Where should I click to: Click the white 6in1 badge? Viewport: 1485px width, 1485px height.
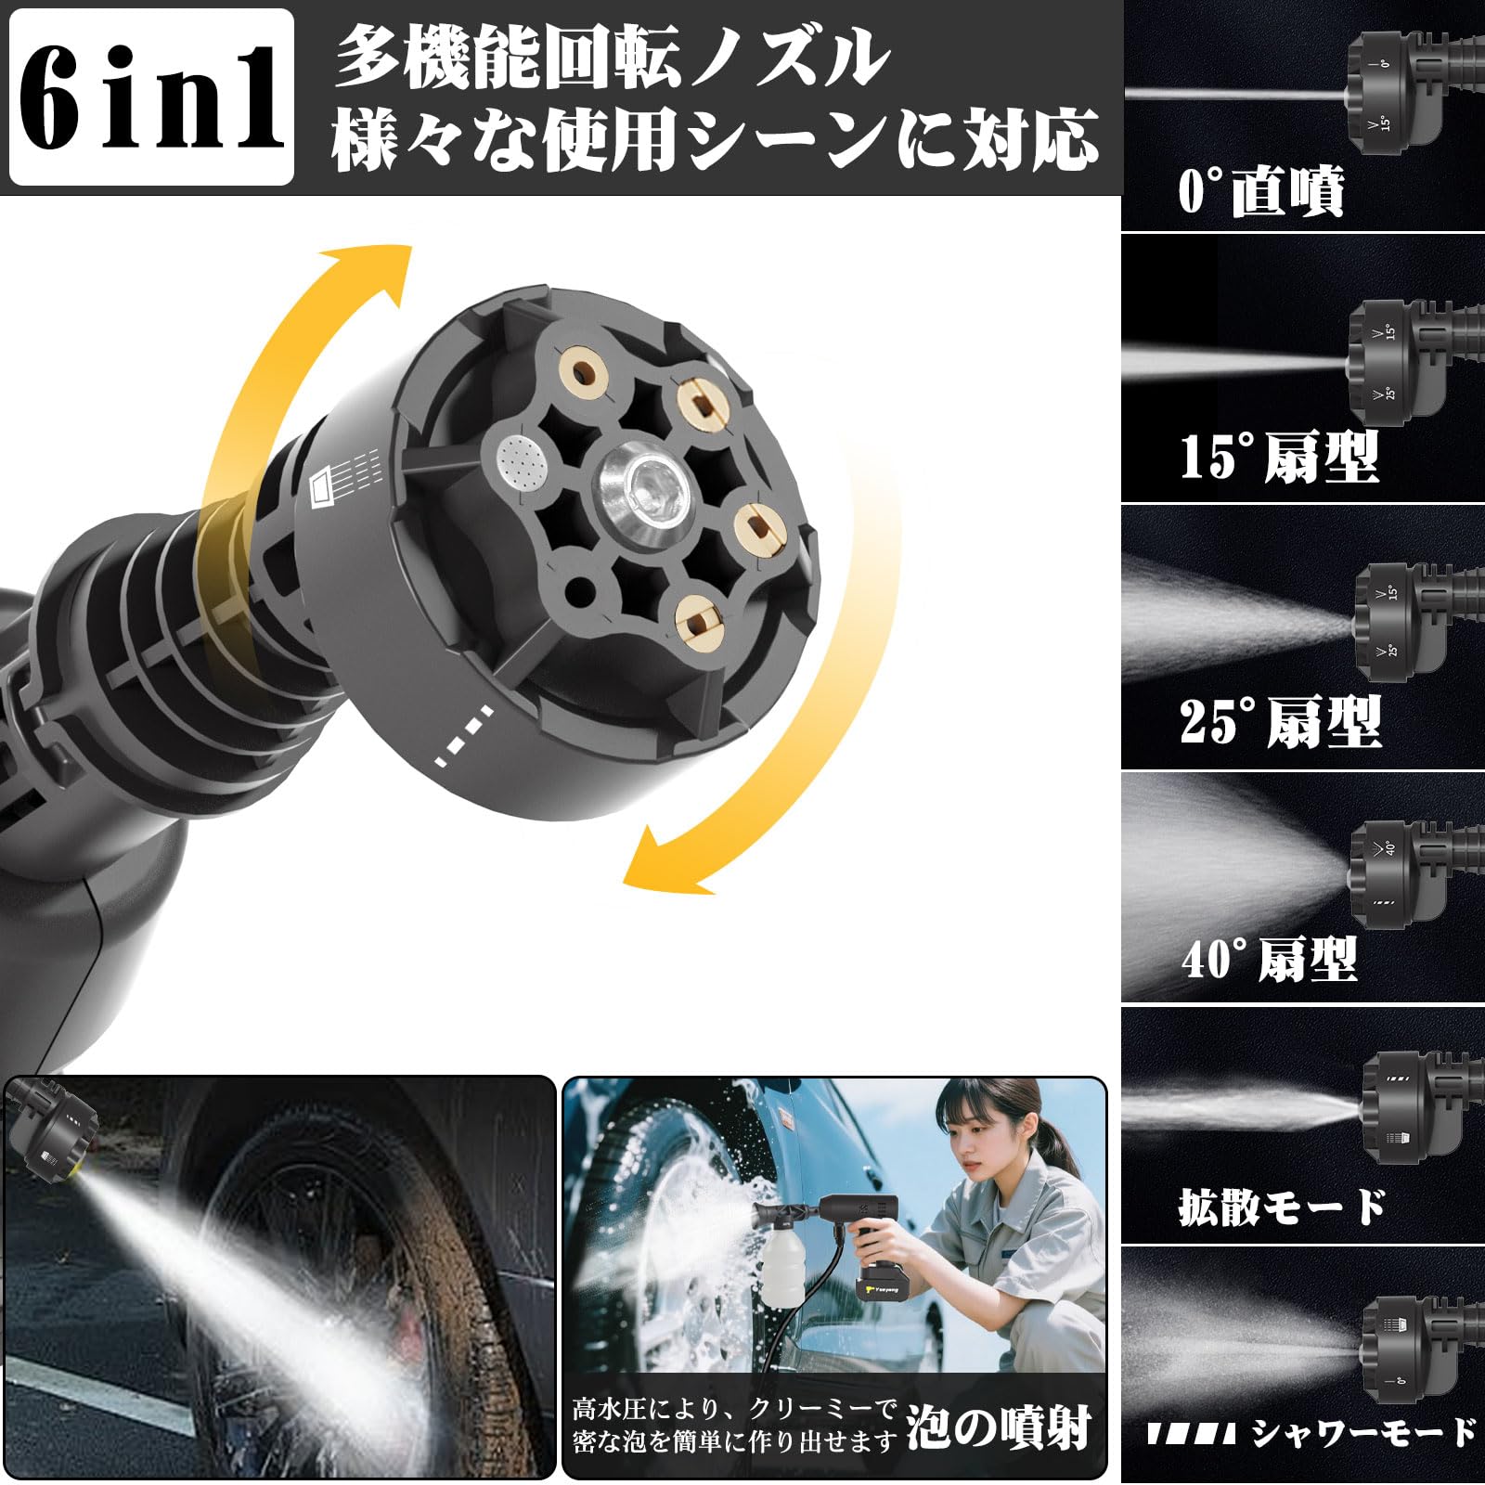tap(150, 97)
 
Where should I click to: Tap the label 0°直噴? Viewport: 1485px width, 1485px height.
tap(1260, 191)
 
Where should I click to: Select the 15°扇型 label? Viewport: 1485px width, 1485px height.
tap(1279, 457)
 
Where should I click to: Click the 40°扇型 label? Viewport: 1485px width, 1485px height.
tap(1269, 959)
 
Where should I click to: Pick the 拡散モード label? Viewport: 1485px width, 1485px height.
tap(1281, 1207)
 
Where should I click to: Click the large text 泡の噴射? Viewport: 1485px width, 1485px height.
tap(998, 1427)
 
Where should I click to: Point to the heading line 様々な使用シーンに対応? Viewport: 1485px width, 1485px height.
tap(715, 141)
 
